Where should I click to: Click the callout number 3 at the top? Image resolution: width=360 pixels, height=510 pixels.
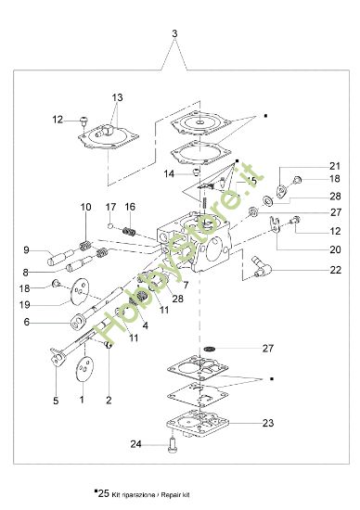pos(174,34)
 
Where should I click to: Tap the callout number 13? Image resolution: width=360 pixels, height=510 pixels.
pos(118,96)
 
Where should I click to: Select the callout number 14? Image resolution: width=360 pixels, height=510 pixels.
pos(170,172)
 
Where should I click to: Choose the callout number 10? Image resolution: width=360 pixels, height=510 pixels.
pos(85,206)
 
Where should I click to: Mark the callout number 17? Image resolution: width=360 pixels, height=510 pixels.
pos(109,206)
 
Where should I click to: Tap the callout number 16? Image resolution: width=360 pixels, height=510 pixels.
pos(130,206)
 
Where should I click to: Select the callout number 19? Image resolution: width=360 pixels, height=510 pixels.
pos(27,303)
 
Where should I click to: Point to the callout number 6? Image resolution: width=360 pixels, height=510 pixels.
pos(27,322)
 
